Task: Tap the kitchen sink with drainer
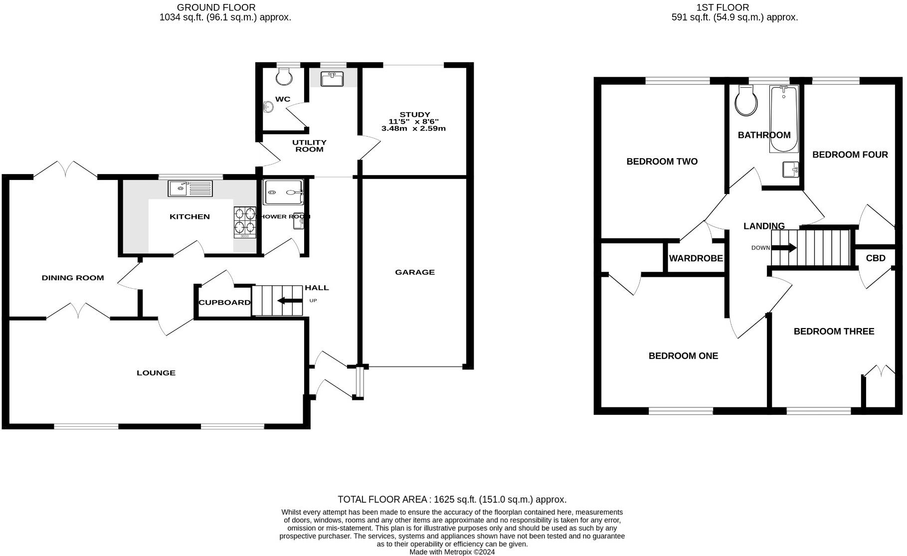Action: pyautogui.click(x=190, y=188)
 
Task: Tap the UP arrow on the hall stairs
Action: pyautogui.click(x=290, y=301)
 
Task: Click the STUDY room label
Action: pyautogui.click(x=414, y=115)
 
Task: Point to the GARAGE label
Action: pyautogui.click(x=414, y=272)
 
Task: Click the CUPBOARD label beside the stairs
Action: pyautogui.click(x=224, y=303)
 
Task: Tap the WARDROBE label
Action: pyautogui.click(x=696, y=258)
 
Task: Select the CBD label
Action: pyautogui.click(x=875, y=258)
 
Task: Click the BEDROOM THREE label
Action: pyautogui.click(x=834, y=332)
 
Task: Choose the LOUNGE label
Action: pyautogui.click(x=156, y=373)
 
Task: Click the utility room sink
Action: pyautogui.click(x=332, y=79)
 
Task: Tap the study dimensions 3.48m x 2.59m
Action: pyautogui.click(x=413, y=129)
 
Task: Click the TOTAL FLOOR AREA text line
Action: pyautogui.click(x=452, y=499)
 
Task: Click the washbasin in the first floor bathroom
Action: pyautogui.click(x=790, y=170)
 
